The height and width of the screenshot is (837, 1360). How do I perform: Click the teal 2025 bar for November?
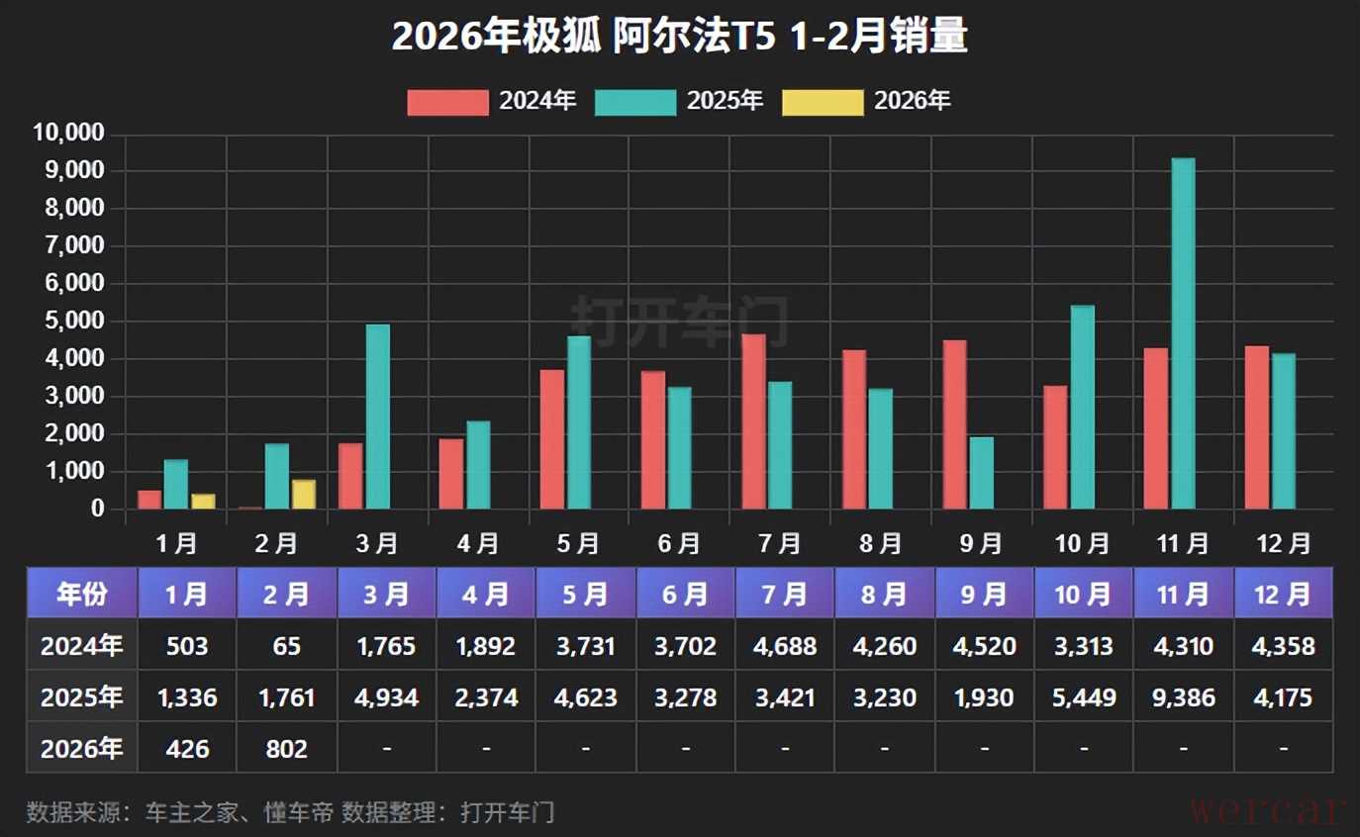[x=1183, y=334]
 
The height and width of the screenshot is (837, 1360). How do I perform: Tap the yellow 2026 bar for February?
[x=303, y=495]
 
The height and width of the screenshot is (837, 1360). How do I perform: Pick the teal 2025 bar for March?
[x=378, y=418]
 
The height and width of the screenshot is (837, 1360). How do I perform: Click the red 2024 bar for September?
[x=955, y=425]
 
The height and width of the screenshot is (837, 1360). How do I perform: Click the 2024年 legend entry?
[x=492, y=101]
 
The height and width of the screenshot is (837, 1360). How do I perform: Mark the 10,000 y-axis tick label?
[x=68, y=134]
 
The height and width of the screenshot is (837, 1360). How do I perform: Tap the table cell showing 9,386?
[x=1183, y=697]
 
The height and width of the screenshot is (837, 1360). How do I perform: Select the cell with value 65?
[x=287, y=646]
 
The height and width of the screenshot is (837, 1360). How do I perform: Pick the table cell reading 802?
[x=287, y=749]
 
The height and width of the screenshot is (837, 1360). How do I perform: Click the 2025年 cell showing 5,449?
[x=1083, y=697]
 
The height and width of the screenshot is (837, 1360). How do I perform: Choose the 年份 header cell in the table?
[x=82, y=594]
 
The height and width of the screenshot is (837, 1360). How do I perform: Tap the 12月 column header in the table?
[x=1283, y=594]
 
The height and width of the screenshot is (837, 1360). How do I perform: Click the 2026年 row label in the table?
[x=82, y=749]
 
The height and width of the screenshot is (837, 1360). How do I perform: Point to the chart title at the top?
[x=679, y=38]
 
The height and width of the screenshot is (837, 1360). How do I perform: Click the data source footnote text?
[x=290, y=812]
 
